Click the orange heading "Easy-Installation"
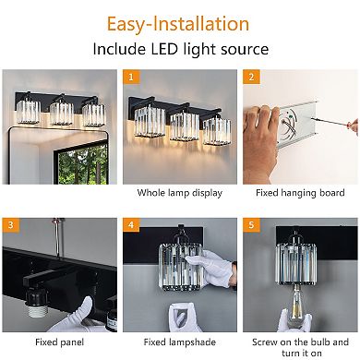click(190, 23)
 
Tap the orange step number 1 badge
click(130, 78)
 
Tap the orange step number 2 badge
click(249, 78)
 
